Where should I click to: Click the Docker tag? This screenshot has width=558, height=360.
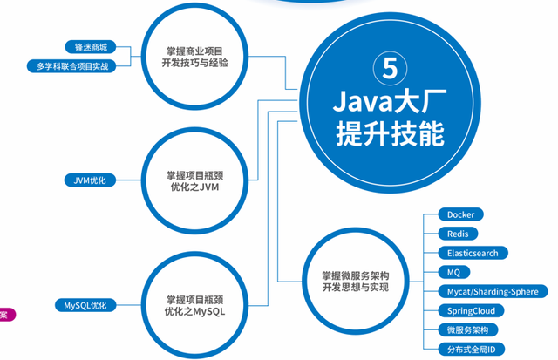(x=459, y=214)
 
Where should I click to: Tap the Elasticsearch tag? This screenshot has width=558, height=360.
(x=472, y=253)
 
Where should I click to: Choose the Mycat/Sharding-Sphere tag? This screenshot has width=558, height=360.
(x=493, y=291)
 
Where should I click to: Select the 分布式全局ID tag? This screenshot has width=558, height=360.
(x=471, y=350)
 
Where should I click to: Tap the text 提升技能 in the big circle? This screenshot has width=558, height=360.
(x=389, y=134)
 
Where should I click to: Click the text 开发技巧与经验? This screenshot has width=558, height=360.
(x=196, y=63)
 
